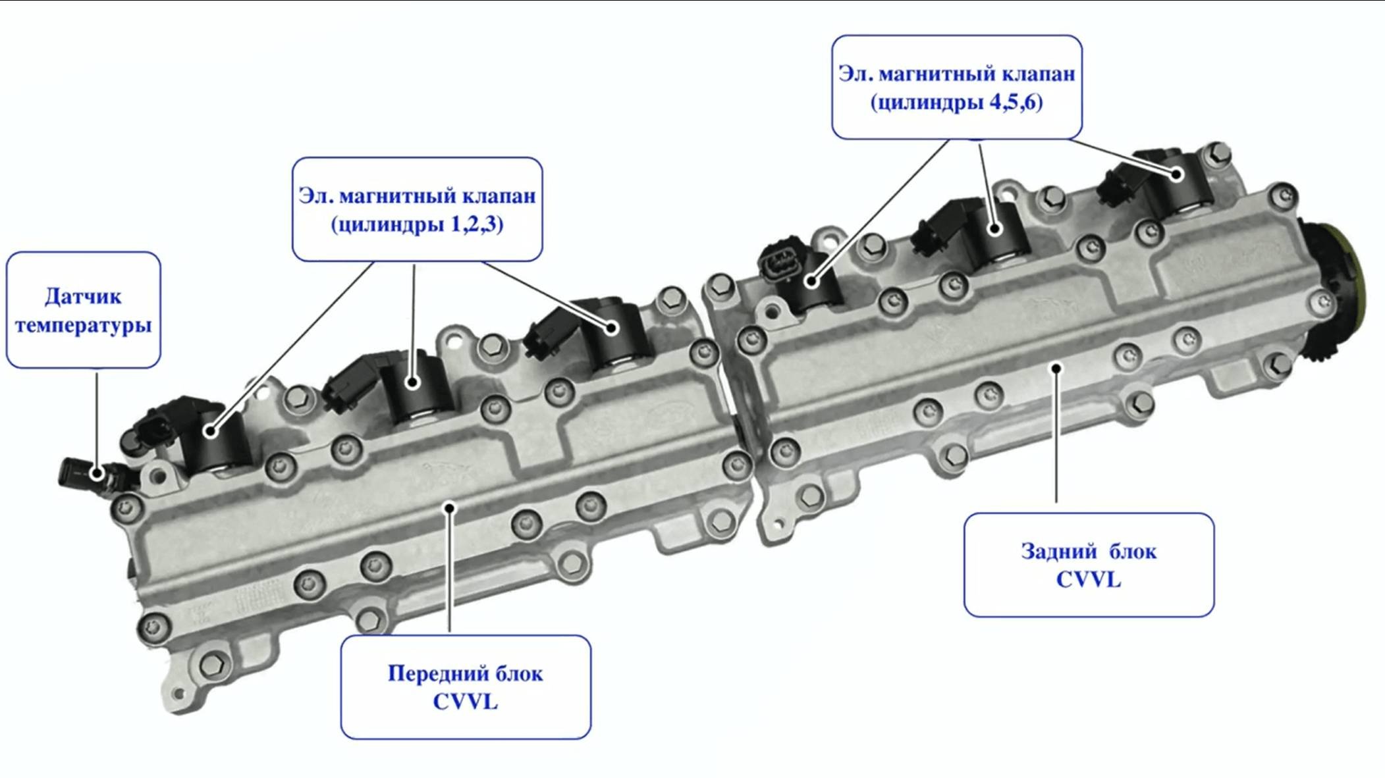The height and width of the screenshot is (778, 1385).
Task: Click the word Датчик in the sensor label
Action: [x=83, y=296]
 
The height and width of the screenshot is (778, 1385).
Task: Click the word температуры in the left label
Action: [x=83, y=325]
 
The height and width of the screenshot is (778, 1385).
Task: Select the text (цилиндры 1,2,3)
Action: [x=417, y=224]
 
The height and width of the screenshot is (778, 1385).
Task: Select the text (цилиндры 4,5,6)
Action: [x=956, y=103]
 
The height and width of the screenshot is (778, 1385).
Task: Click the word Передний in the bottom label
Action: [x=428, y=673]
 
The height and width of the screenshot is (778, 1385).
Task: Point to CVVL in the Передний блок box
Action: [x=465, y=702]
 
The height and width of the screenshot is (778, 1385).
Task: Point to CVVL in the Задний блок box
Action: [x=1088, y=580]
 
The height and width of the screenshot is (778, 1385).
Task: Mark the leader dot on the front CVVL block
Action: [x=450, y=507]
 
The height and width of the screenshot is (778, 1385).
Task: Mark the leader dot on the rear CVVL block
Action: [x=1056, y=368]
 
